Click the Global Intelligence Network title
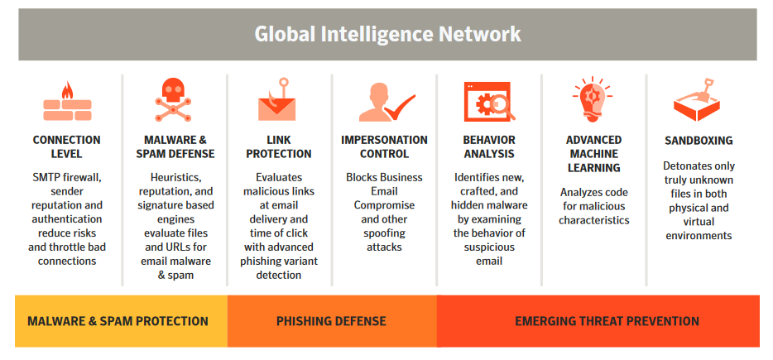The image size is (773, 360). (x=387, y=34)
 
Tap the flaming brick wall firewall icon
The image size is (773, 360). (x=67, y=102)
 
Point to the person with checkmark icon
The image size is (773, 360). (x=387, y=102)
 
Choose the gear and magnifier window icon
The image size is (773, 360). (x=489, y=102)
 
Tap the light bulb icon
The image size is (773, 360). (x=593, y=99)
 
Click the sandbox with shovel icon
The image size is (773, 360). (x=697, y=99)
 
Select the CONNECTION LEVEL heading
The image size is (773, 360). (x=66, y=147)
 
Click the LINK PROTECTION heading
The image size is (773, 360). (x=279, y=147)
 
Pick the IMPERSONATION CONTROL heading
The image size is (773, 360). (x=385, y=147)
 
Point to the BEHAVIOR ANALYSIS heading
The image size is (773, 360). (x=489, y=147)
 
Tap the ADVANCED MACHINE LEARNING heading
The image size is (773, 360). (x=594, y=154)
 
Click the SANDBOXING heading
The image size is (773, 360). (x=699, y=141)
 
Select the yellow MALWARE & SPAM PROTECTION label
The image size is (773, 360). (x=118, y=322)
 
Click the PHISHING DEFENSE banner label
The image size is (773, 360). (x=331, y=322)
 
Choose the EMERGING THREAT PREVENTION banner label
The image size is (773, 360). (x=607, y=322)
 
